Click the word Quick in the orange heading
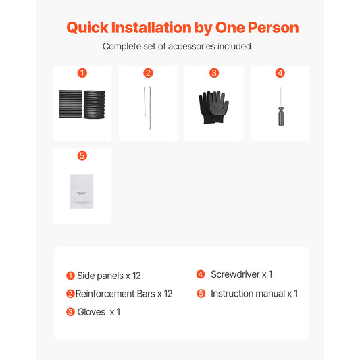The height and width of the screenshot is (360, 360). [x=87, y=28]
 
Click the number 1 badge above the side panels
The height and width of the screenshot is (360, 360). [x=82, y=73]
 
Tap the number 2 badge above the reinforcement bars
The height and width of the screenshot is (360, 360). [x=148, y=73]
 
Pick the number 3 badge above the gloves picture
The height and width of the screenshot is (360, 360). [x=214, y=73]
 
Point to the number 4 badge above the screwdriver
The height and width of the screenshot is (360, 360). [x=280, y=73]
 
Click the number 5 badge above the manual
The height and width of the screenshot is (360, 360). [x=82, y=155]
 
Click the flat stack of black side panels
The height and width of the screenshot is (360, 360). [x=70, y=104]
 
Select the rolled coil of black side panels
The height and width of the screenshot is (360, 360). [x=95, y=105]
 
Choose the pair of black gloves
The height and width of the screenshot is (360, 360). [x=213, y=107]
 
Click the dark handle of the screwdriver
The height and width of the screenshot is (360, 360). [x=281, y=116]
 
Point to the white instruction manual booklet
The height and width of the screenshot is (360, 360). [x=82, y=191]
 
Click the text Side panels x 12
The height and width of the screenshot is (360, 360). [x=109, y=276]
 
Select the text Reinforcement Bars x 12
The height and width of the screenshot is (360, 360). [x=124, y=294]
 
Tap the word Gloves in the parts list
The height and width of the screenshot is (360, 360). [x=91, y=312]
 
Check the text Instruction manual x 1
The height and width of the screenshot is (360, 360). [x=254, y=294]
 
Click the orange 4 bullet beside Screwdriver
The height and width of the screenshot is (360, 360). [x=201, y=274]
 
